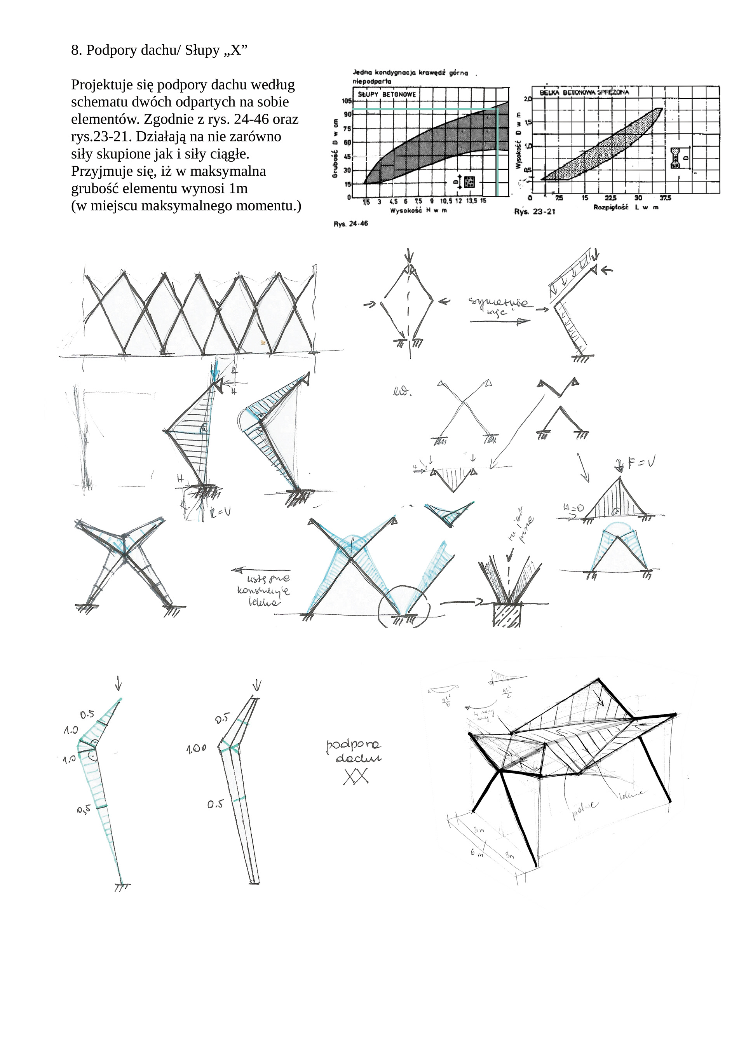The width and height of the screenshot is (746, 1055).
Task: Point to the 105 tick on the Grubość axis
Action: [x=347, y=101]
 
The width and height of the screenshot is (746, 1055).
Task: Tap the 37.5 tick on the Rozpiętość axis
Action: [x=665, y=198]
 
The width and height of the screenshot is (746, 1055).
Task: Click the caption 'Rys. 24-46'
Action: [x=350, y=224]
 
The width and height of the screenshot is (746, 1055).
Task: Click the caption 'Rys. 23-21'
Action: [x=535, y=212]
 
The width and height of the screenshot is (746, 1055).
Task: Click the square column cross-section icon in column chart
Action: [x=469, y=182]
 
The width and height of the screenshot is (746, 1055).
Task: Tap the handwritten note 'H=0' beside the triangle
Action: [x=573, y=508]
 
